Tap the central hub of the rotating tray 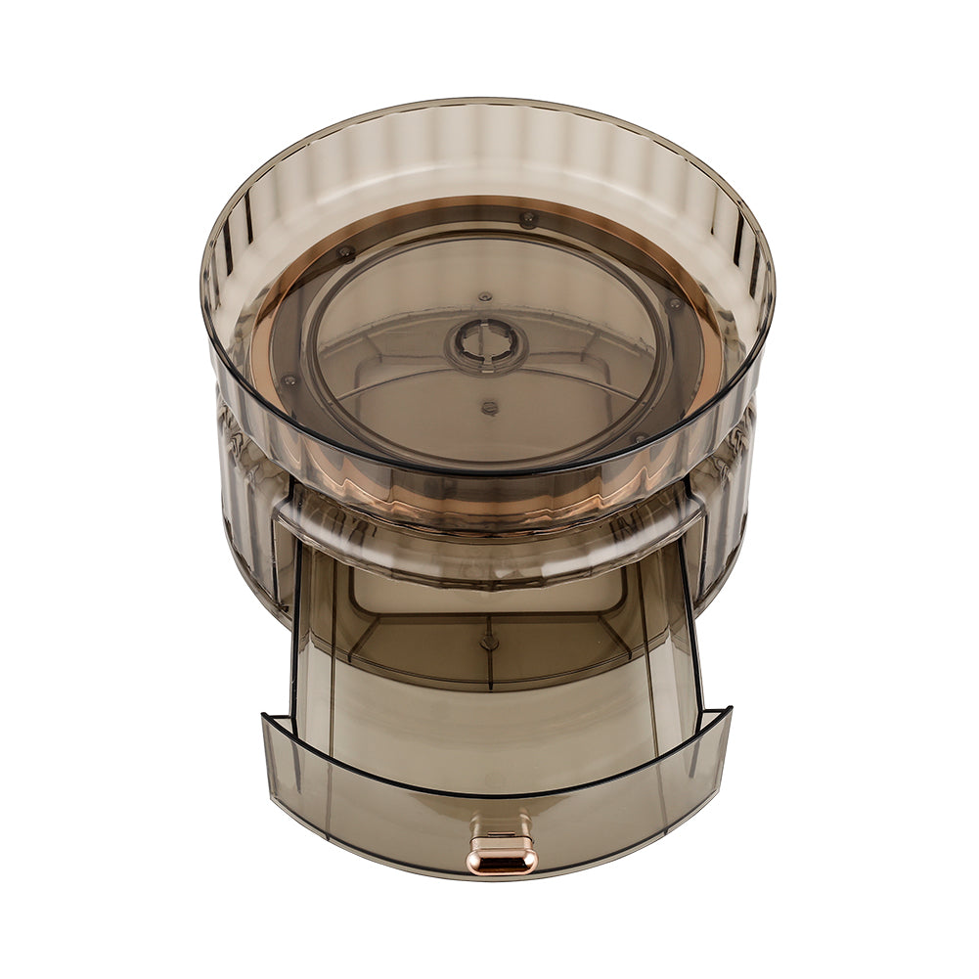click(x=485, y=344)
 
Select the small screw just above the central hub click(x=485, y=295)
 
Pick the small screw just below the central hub click(x=489, y=407)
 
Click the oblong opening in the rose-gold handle click(x=502, y=860)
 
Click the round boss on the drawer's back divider click(x=489, y=642)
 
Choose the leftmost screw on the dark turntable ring click(x=289, y=379)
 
